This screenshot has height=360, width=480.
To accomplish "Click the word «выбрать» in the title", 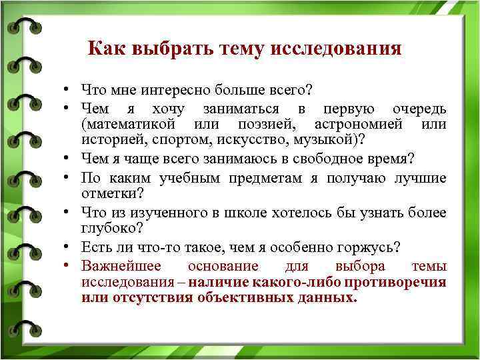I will [x=163, y=49].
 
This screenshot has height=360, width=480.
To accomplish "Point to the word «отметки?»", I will [x=110, y=193].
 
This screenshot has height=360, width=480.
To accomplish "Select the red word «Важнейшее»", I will [x=120, y=266].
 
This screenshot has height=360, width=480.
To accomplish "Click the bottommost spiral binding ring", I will [x=21, y=328].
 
